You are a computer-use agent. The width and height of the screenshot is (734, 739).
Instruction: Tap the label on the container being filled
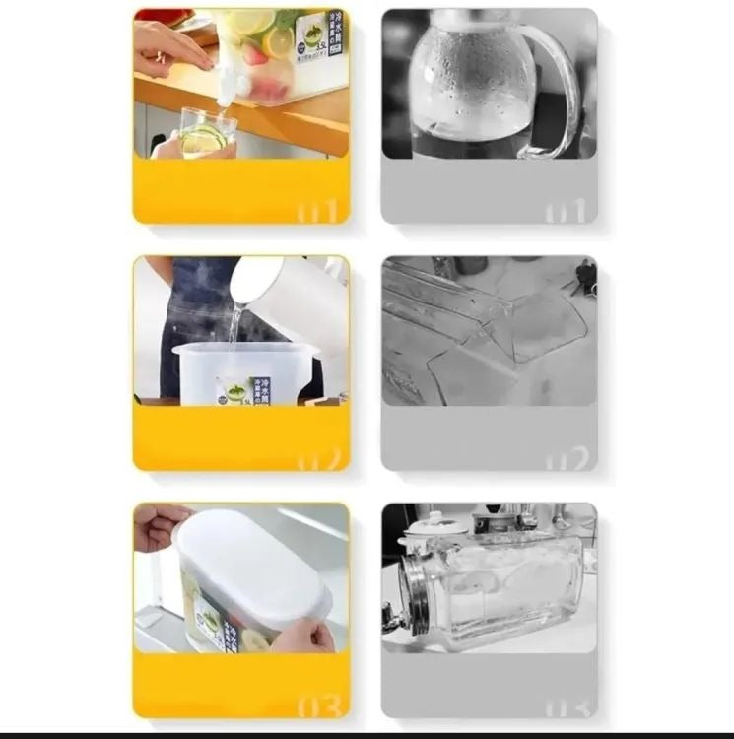click(x=236, y=389)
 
